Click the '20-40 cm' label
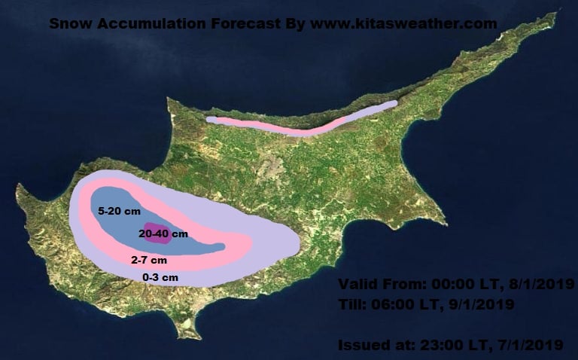pos(163,234)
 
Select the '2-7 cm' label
pos(149,260)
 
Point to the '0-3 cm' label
pos(160,277)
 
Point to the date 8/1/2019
pos(543,285)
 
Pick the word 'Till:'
pos(354,305)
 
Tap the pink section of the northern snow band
pos(286,130)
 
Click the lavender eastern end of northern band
pos(376,109)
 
